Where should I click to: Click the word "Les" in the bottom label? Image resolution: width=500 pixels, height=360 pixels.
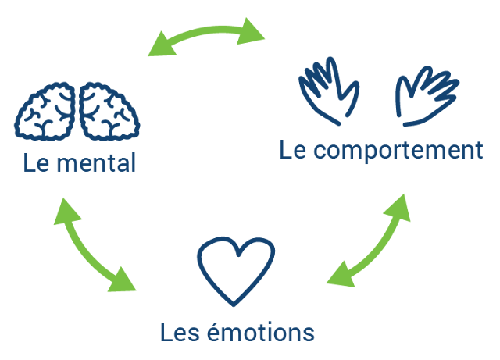coord(177,333)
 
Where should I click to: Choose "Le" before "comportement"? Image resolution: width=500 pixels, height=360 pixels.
coord(292,150)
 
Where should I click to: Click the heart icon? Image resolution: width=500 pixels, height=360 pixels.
coord(235,270)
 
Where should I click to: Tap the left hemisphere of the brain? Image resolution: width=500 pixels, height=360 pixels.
coord(46,112)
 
